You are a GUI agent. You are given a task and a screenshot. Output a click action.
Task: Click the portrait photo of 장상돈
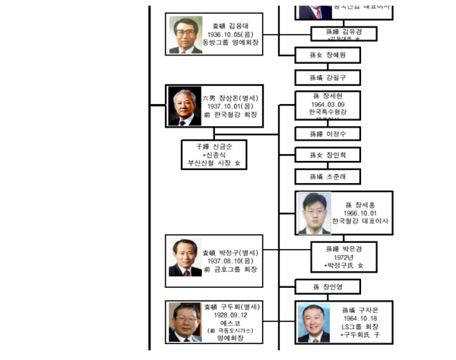185,106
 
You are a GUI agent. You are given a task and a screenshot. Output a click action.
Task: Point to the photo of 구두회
185,321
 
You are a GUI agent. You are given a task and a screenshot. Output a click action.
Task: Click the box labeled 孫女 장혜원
328,55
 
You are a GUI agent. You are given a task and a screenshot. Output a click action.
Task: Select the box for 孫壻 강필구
328,77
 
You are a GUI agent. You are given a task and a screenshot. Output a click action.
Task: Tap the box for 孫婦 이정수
328,134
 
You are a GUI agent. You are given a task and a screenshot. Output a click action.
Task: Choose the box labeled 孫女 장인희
328,156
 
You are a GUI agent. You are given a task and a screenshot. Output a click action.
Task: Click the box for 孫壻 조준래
328,177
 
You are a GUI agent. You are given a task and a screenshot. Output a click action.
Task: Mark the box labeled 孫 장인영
328,286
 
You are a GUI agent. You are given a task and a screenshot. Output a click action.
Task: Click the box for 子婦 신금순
218,153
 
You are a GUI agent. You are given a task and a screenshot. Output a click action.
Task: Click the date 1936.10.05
228,34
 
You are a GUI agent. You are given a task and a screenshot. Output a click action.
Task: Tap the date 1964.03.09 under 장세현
328,104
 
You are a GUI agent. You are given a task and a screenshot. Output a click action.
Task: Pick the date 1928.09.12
229,314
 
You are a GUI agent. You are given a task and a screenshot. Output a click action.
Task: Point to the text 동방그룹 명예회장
229,43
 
